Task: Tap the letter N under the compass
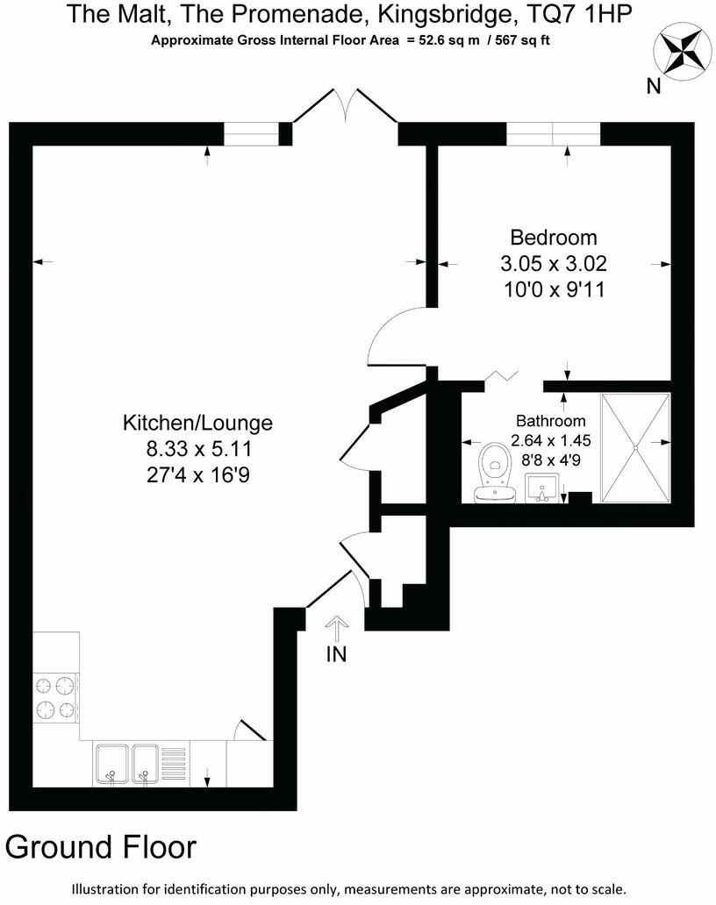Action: [x=653, y=86]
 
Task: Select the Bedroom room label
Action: [x=554, y=237]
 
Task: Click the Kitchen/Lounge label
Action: [x=197, y=423]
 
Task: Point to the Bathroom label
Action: [x=550, y=420]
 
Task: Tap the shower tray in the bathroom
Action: [x=635, y=447]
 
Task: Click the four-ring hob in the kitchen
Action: [x=56, y=697]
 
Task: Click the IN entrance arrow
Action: [x=338, y=629]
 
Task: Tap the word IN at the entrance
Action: [x=336, y=655]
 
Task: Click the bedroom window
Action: [x=553, y=133]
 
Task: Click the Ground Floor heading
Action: [x=101, y=847]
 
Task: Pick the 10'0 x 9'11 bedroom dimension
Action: [x=554, y=289]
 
